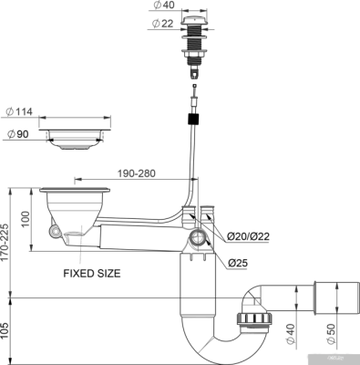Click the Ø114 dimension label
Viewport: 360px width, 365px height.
(x=18, y=112)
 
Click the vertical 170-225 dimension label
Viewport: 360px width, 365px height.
(x=9, y=239)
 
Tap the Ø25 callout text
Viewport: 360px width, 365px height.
(x=239, y=264)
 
